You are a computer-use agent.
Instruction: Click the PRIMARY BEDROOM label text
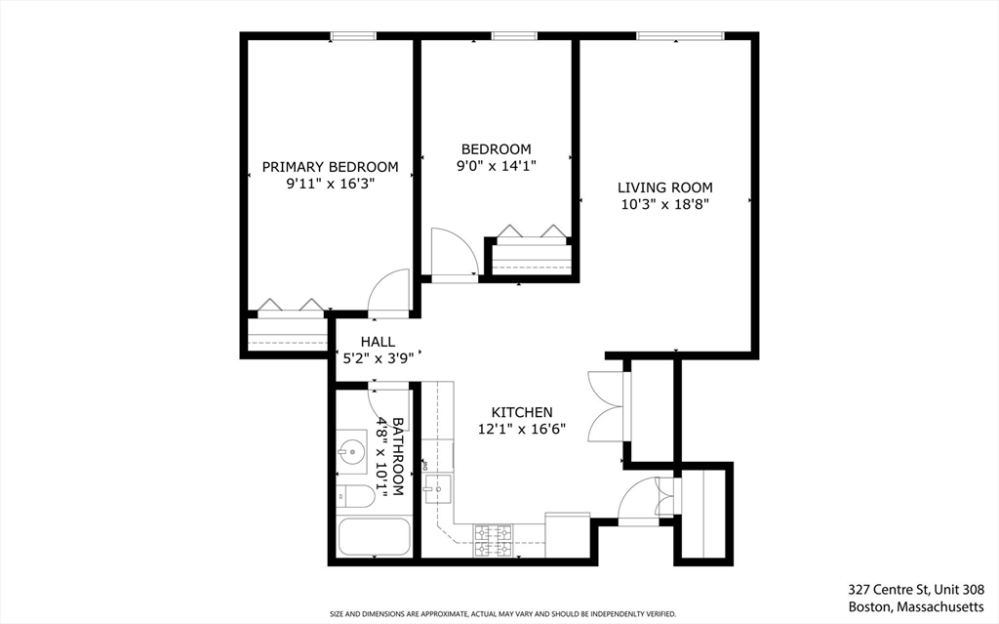click(x=330, y=167)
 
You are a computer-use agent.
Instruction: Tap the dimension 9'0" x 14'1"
click(x=496, y=166)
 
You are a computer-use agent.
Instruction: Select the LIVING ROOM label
click(x=665, y=187)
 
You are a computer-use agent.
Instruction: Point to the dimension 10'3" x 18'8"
click(x=665, y=205)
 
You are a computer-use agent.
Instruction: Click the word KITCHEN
click(x=522, y=413)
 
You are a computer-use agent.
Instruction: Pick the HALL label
click(x=378, y=342)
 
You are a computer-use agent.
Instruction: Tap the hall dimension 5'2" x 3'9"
click(x=379, y=358)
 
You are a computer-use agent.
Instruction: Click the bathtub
click(x=373, y=536)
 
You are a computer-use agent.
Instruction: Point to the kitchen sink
click(x=439, y=485)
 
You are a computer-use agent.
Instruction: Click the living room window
click(x=681, y=37)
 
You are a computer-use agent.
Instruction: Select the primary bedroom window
click(x=353, y=37)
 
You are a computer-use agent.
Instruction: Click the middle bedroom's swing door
click(x=453, y=255)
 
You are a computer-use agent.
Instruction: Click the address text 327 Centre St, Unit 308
click(x=916, y=590)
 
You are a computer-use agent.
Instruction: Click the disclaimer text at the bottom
click(x=502, y=614)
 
